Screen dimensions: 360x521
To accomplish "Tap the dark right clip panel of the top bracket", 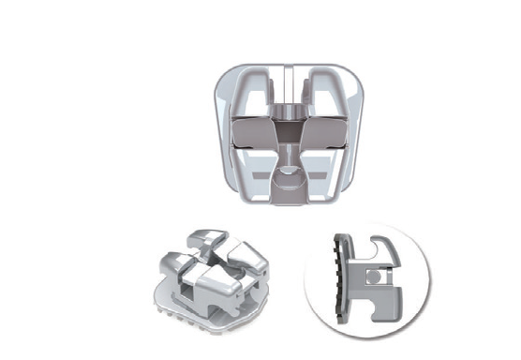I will (334, 134).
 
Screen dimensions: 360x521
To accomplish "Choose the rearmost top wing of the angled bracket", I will (209, 237).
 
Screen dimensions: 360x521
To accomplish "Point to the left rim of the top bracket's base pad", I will (218, 141).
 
